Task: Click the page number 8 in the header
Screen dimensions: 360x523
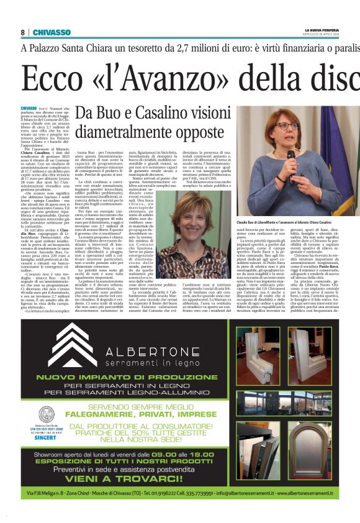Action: (22, 32)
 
